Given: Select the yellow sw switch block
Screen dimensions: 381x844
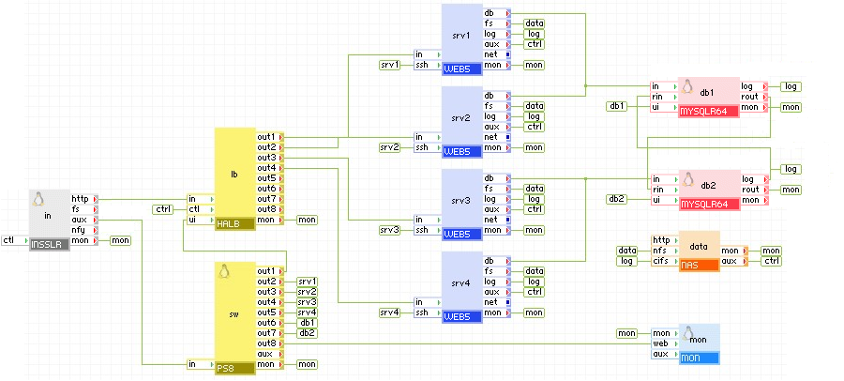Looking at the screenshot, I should (234, 312).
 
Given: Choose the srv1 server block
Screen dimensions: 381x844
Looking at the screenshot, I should (461, 36).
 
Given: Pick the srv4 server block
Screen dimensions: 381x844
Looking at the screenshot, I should (461, 282).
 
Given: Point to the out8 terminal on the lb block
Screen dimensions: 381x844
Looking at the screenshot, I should (267, 209).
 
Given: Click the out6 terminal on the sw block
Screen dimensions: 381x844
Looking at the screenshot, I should (267, 323).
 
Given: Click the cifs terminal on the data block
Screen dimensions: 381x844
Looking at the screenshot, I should (662, 261).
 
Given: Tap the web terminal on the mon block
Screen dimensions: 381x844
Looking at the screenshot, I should (662, 343).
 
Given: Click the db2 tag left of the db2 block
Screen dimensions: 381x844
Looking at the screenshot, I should (616, 199).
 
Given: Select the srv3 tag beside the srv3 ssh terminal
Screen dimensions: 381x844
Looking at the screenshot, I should (389, 230).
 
